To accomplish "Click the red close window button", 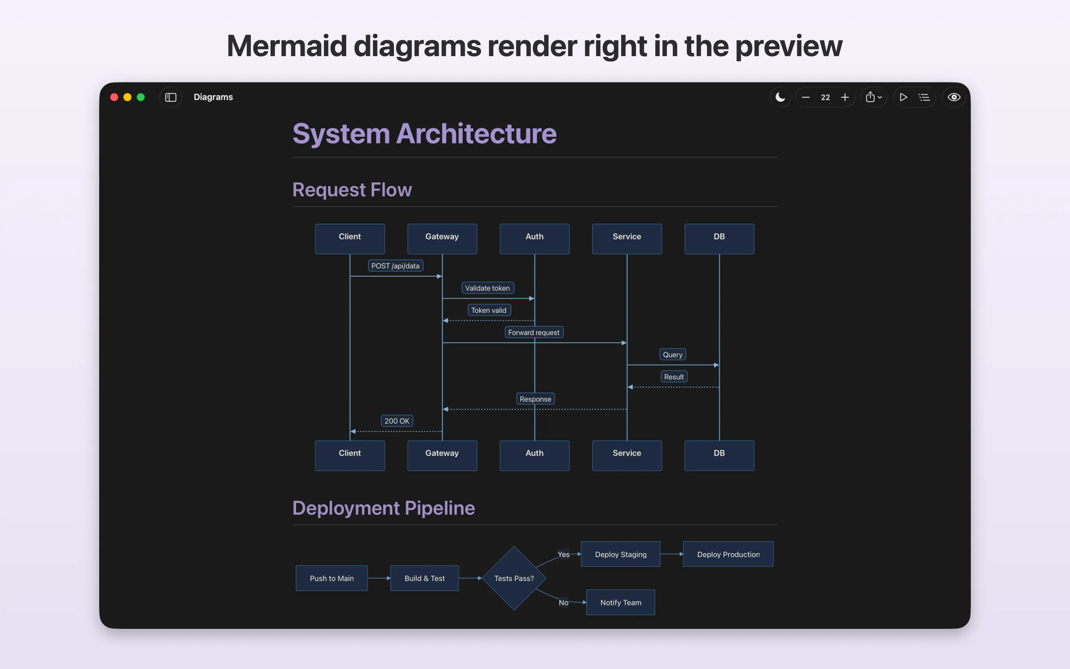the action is coord(114,97).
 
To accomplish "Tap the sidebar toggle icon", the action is coord(171,97).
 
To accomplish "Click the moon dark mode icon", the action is coord(780,97).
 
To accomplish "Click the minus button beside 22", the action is coord(805,97).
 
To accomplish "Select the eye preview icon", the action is coord(954,97).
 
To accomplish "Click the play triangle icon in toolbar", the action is coord(903,97).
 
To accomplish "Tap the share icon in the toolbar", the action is coord(870,97).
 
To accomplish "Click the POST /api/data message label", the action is coord(395,265).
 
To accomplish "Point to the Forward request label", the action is coord(534,332).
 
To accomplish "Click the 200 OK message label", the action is coord(397,421).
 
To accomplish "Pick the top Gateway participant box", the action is coord(442,239).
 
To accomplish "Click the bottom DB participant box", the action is coord(719,455).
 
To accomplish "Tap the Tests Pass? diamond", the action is coord(514,578).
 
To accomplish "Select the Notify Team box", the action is coord(620,602).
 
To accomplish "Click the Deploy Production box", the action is coord(728,554).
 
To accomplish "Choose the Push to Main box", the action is coord(332,578).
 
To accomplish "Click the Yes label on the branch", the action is coord(563,555).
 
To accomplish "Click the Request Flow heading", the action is coord(352,190).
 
